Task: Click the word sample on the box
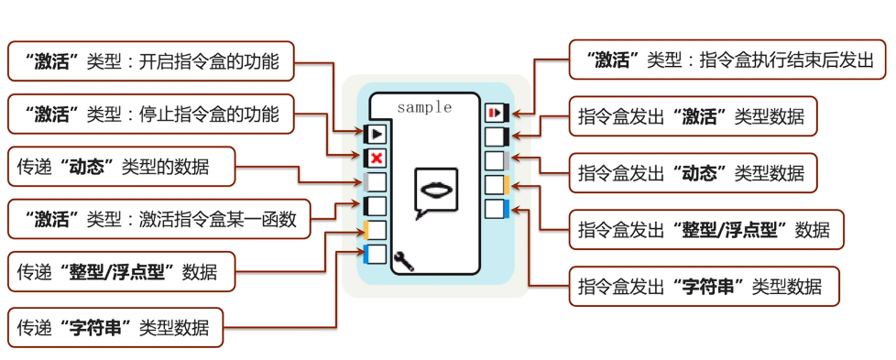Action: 424,107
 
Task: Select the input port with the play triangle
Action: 376,135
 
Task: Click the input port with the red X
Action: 376,158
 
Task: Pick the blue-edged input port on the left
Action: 376,255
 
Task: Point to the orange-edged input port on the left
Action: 376,231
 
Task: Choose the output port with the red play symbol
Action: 497,113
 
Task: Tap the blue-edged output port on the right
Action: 497,209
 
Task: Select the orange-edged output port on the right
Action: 497,185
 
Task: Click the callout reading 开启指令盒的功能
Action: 151,61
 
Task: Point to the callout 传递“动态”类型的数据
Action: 121,167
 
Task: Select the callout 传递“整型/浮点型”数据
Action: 121,272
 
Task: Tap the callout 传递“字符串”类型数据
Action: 115,327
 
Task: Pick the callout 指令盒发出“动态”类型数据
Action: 692,171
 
